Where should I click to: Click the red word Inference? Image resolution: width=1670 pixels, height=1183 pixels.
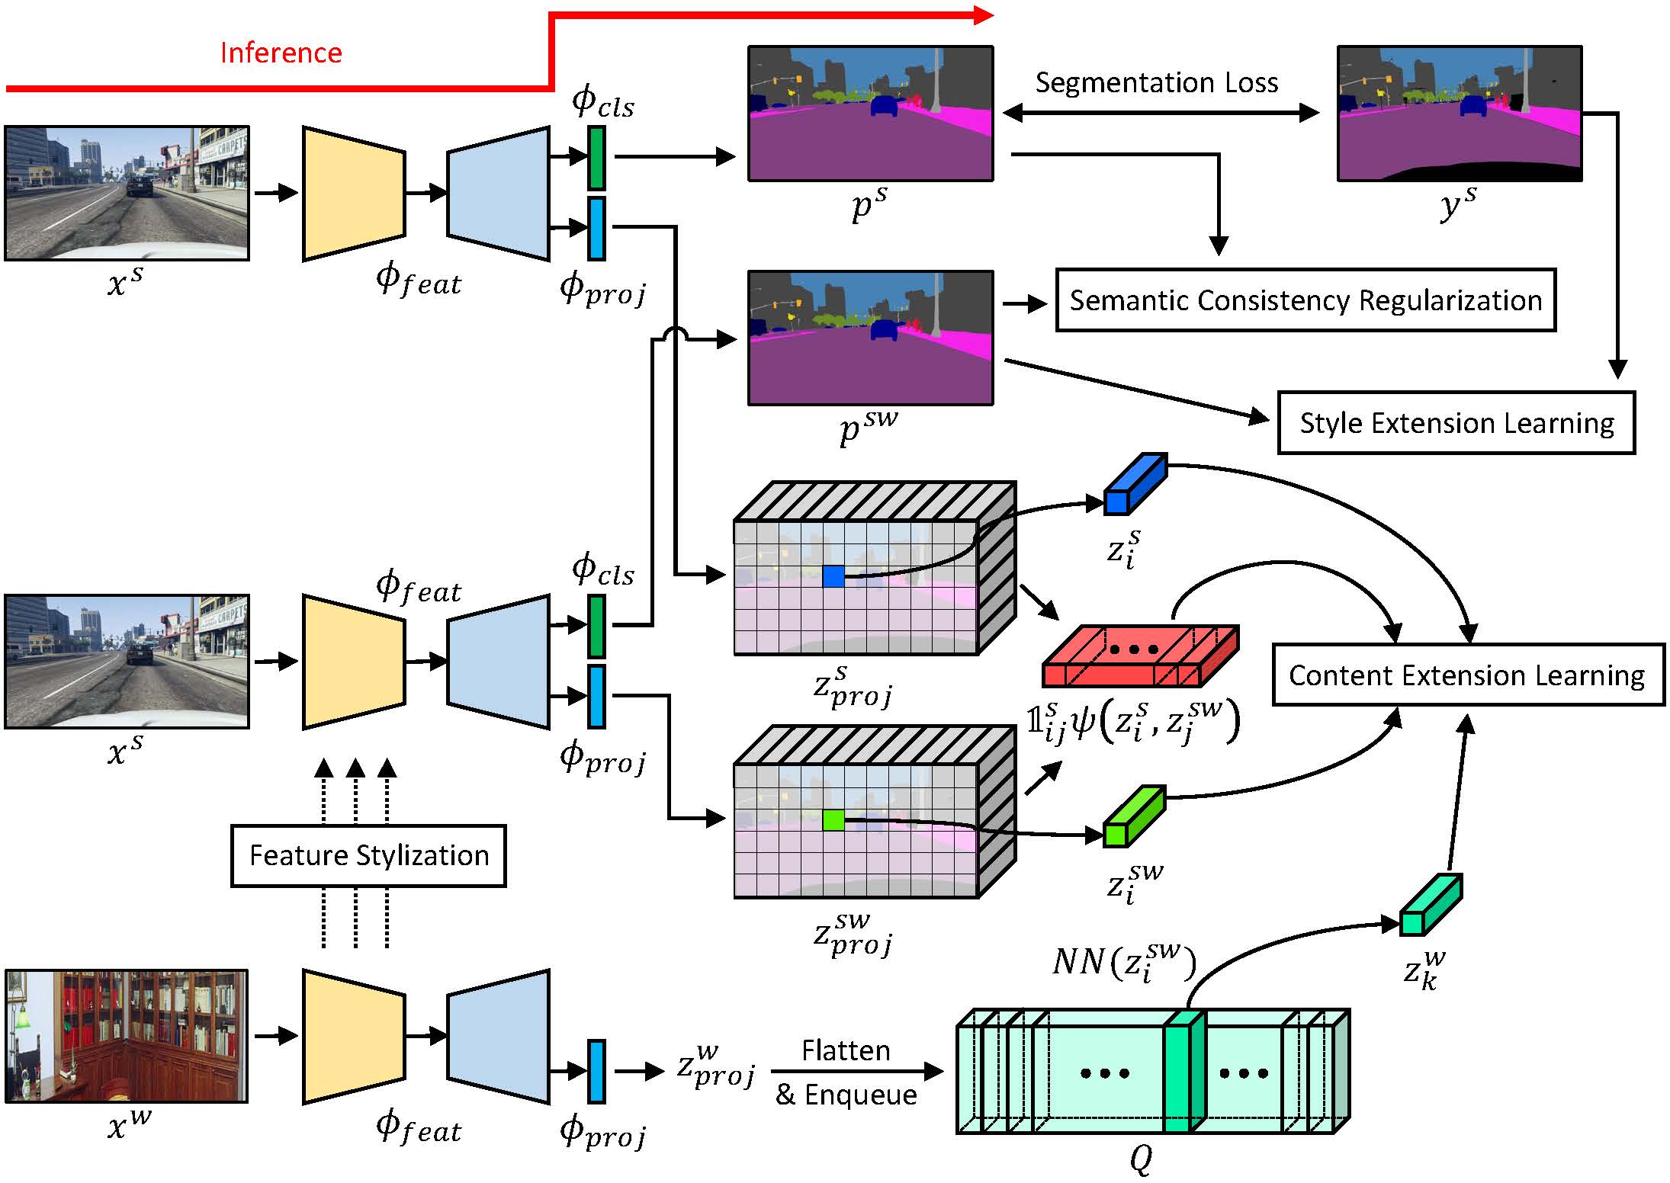tap(281, 53)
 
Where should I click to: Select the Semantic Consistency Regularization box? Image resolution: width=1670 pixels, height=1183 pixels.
tap(1305, 300)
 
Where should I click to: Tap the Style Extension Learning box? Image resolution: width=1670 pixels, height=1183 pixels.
tap(1456, 423)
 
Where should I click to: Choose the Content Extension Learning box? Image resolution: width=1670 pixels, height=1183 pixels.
tap(1467, 675)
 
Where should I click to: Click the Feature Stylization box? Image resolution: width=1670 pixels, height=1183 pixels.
tap(368, 855)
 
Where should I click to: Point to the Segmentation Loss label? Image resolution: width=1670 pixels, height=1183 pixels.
tap(1156, 82)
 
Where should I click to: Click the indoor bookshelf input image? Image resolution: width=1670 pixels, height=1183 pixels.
tap(127, 1036)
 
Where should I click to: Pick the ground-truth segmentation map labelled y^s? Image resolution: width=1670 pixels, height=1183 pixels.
tap(1459, 114)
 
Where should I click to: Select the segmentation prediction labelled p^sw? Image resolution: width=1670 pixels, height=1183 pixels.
tap(870, 338)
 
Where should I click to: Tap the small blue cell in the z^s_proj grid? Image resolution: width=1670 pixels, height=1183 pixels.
tap(833, 576)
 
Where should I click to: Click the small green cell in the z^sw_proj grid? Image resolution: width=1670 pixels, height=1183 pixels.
tap(833, 820)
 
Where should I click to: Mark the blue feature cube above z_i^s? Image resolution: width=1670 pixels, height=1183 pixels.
tap(1135, 484)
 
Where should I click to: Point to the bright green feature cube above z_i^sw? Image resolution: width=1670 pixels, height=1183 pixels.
tap(1134, 817)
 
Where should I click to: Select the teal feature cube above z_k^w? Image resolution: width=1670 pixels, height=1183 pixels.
tap(1430, 905)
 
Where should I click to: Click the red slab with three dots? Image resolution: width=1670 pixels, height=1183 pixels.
tap(1139, 656)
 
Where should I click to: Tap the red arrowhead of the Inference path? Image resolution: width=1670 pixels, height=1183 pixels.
tap(984, 14)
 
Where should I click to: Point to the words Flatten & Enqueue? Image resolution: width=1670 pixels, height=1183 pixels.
tap(846, 1072)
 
